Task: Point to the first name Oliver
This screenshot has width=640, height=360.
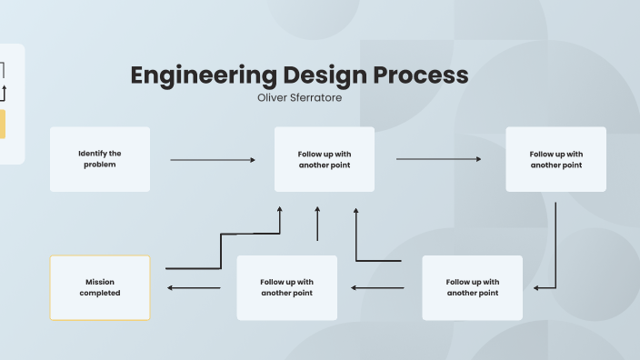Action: click(x=274, y=97)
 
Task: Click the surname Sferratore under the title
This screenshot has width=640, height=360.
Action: click(x=316, y=97)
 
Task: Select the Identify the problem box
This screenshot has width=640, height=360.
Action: click(x=100, y=159)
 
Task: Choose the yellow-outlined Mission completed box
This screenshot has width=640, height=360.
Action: click(x=100, y=287)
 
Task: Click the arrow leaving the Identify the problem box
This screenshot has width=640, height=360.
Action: click(x=213, y=160)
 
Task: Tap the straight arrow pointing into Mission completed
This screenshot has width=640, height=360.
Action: click(x=194, y=288)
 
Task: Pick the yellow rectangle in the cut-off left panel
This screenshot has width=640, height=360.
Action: click(x=2, y=125)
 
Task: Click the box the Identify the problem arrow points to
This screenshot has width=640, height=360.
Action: click(x=325, y=159)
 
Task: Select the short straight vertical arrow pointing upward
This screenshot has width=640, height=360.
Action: click(x=317, y=224)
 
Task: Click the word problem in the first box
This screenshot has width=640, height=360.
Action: click(x=100, y=165)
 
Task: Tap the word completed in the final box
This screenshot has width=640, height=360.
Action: click(x=100, y=294)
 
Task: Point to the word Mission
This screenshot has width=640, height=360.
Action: click(x=100, y=282)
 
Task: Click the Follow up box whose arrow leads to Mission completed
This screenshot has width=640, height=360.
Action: click(x=287, y=287)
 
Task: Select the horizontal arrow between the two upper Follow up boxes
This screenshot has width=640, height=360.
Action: click(x=439, y=159)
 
